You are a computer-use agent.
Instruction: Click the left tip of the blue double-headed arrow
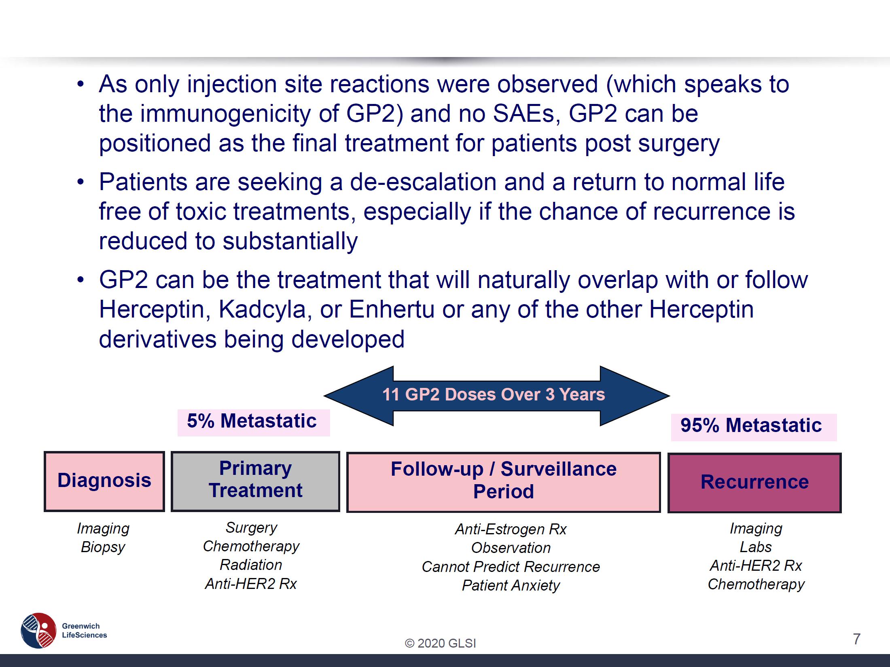coord(324,396)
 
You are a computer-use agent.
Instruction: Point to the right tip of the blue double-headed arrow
coord(670,396)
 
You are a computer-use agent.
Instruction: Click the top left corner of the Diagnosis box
coord(44,452)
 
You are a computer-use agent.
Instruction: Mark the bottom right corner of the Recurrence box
coord(841,512)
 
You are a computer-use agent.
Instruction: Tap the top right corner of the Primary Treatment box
coord(339,452)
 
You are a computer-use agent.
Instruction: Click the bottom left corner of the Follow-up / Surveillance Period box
coord(347,512)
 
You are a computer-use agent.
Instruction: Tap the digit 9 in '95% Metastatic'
coord(687,426)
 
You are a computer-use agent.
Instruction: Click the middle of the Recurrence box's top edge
coord(754,454)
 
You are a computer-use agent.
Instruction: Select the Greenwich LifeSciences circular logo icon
coord(38,630)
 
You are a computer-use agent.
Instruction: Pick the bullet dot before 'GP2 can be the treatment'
coord(81,280)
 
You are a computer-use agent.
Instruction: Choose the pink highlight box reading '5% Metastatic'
coord(254,423)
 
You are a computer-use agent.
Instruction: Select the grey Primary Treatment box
coord(255,481)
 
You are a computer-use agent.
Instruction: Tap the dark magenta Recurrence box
coord(754,483)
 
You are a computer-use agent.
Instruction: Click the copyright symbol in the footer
coord(409,643)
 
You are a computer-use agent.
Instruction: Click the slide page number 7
coord(856,639)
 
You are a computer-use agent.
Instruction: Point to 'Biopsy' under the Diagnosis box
coord(103,547)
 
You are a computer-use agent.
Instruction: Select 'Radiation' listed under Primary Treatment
coord(251,565)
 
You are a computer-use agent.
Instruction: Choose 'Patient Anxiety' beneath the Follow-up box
coord(511,586)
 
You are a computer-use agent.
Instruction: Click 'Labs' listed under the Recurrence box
coord(756,547)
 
